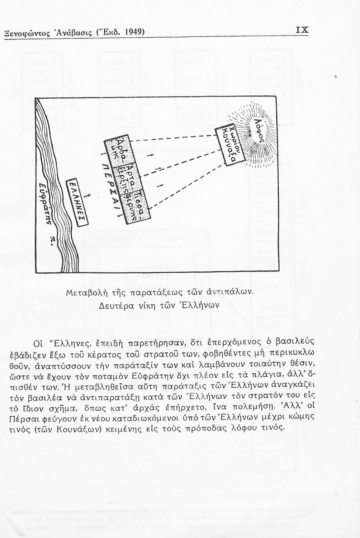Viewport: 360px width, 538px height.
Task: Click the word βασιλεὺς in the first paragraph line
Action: click(296, 341)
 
